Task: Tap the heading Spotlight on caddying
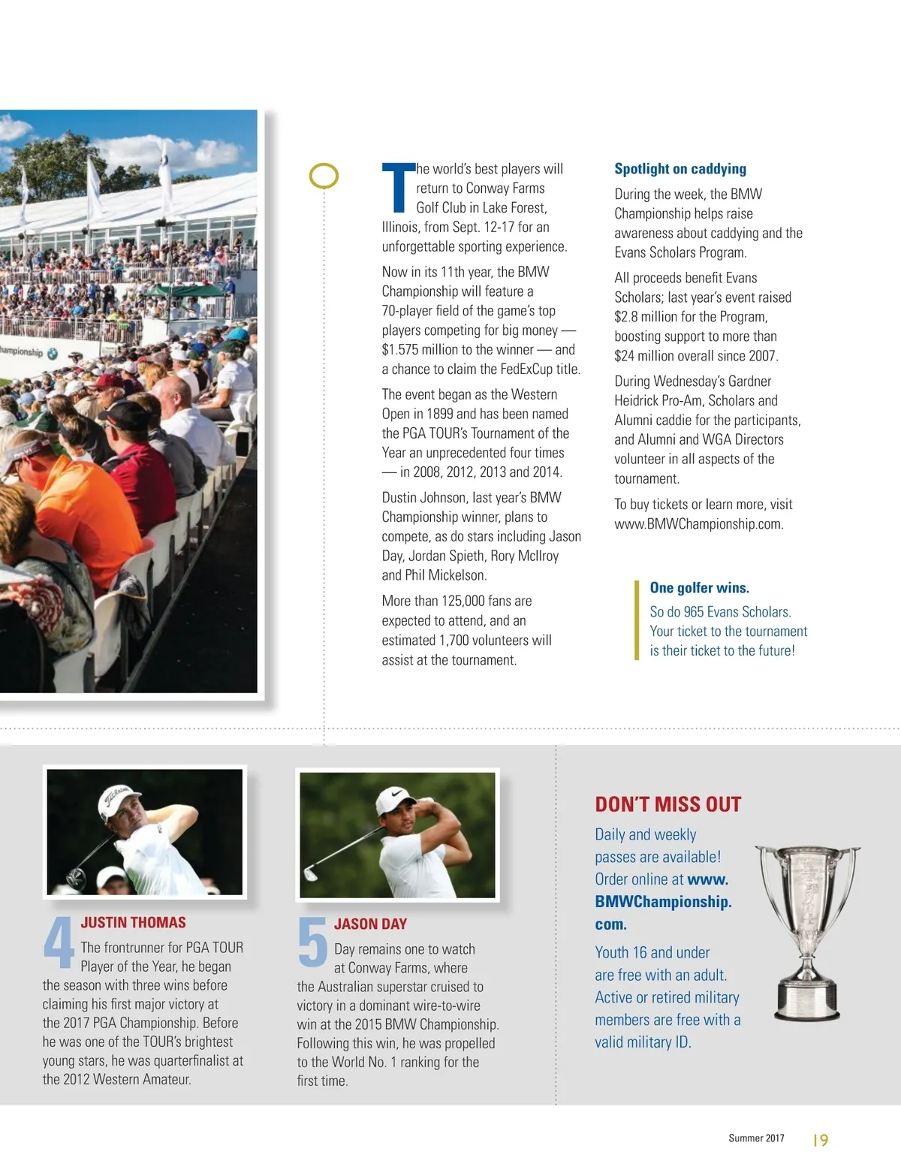680,169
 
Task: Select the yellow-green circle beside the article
324,176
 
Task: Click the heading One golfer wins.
699,588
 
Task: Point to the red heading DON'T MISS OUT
667,804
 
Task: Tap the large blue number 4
58,942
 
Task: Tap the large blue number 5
312,942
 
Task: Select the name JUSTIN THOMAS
133,923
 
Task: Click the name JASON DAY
370,924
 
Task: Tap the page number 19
820,1140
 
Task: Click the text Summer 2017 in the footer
756,1138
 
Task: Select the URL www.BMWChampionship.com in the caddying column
698,524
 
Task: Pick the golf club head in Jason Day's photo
311,874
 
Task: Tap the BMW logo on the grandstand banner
52,353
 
